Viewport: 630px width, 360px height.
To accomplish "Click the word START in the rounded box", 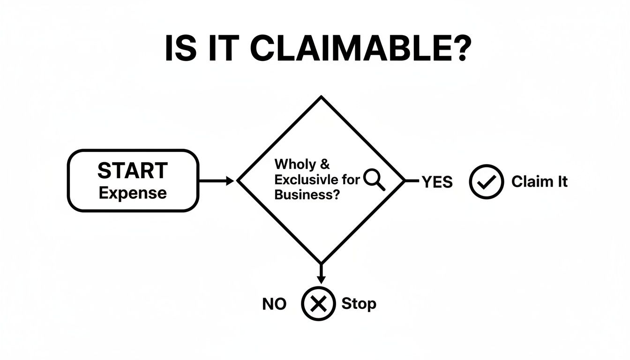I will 132,171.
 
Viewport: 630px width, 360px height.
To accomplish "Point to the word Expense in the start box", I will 133,193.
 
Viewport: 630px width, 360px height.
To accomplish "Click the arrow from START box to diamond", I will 217,180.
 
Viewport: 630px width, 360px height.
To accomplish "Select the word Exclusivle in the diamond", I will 304,180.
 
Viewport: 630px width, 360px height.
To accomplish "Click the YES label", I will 437,182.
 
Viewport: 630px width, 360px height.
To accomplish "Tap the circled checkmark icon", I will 486,182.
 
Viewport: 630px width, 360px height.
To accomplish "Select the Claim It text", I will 539,182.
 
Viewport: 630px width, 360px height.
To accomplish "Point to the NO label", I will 274,304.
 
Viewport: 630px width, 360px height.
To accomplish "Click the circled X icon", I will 319,304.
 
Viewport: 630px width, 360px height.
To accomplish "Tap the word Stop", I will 359,304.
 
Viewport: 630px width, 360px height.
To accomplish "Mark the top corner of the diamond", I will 321,97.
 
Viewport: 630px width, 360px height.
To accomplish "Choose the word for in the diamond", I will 351,180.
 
